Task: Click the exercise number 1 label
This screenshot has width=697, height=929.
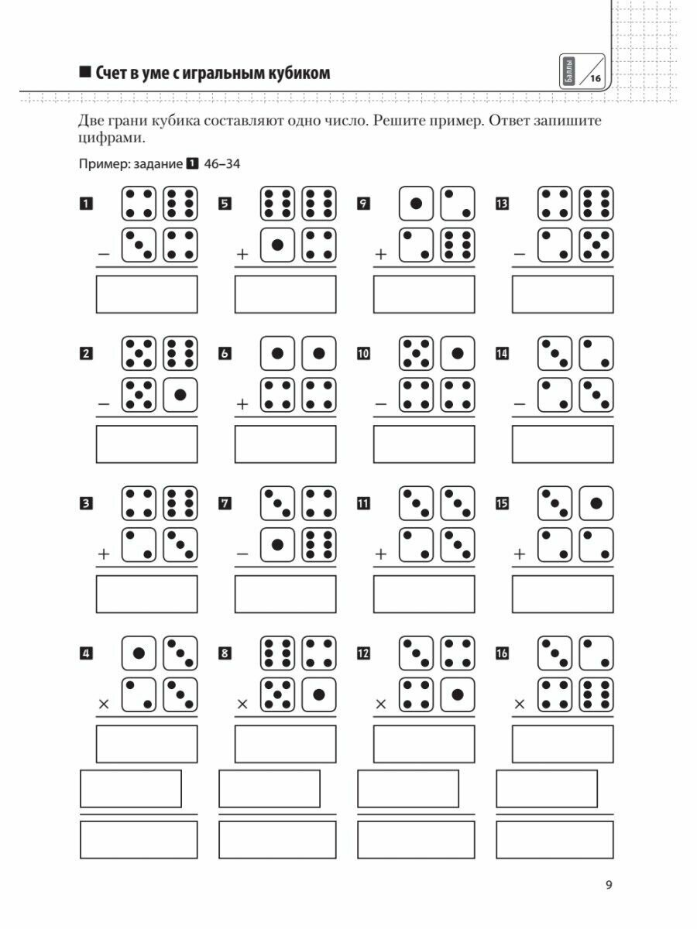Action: pyautogui.click(x=86, y=204)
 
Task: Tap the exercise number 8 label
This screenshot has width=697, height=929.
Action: pyautogui.click(x=225, y=653)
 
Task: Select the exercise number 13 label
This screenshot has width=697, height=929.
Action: pyautogui.click(x=502, y=204)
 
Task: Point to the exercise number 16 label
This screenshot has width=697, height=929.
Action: pyautogui.click(x=502, y=653)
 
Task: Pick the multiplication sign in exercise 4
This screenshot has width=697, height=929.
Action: pyautogui.click(x=103, y=704)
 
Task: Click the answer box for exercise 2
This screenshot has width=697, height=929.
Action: pyautogui.click(x=146, y=444)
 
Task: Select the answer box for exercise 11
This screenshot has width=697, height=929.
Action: pyautogui.click(x=424, y=594)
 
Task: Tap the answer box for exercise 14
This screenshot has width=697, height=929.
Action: pyautogui.click(x=562, y=444)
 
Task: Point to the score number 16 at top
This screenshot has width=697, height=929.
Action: pyautogui.click(x=595, y=78)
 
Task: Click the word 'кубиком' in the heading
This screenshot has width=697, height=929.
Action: pyautogui.click(x=298, y=74)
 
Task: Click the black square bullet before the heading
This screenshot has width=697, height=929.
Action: pyautogui.click(x=85, y=74)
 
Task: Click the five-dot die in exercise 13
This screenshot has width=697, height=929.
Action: pyautogui.click(x=597, y=245)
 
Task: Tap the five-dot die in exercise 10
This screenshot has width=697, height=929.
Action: pyautogui.click(x=416, y=354)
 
